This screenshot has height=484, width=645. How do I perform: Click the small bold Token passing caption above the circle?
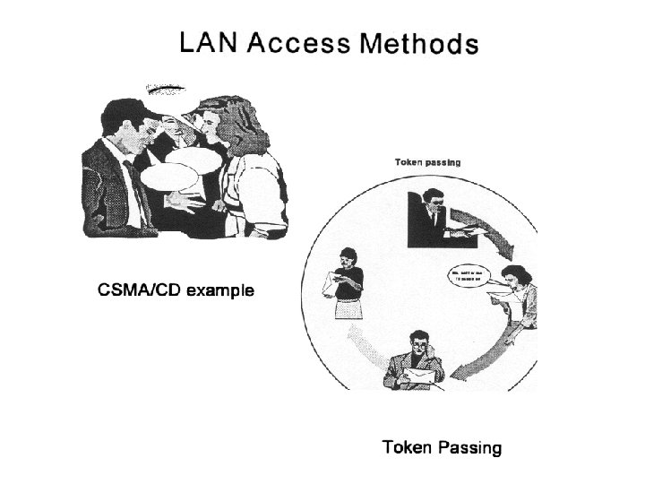tap(427, 162)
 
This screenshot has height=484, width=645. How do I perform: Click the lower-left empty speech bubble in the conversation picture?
tap(169, 174)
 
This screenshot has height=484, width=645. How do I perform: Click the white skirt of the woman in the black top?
tap(346, 309)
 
